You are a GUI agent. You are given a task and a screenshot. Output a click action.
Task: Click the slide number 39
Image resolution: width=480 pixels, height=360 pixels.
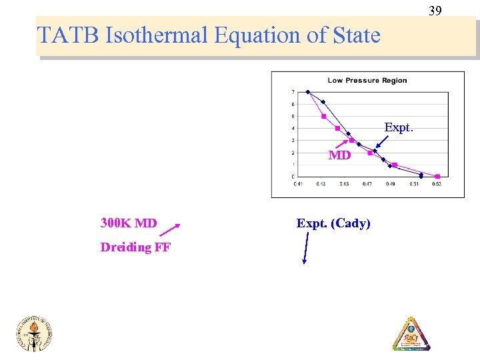pyautogui.click(x=435, y=11)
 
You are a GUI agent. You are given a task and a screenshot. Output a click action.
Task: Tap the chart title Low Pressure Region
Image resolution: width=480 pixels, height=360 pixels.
pyautogui.click(x=367, y=81)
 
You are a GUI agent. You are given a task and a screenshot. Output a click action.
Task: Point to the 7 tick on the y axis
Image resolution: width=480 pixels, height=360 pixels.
pyautogui.click(x=293, y=92)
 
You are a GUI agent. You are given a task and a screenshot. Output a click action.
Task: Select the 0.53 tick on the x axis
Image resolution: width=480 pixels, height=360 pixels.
pyautogui.click(x=437, y=184)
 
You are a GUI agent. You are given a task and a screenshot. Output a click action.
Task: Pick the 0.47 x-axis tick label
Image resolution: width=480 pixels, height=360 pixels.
pyautogui.click(x=367, y=184)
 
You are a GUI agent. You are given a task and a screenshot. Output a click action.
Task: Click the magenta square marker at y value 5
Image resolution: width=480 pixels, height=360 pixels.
pyautogui.click(x=323, y=116)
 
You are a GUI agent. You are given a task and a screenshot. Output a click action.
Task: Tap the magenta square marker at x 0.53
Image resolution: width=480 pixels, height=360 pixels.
pyautogui.click(x=437, y=177)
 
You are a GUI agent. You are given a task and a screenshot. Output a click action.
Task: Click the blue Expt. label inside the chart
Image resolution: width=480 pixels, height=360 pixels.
pyautogui.click(x=399, y=127)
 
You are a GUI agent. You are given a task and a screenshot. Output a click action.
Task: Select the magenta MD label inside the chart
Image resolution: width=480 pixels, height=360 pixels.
pyautogui.click(x=339, y=155)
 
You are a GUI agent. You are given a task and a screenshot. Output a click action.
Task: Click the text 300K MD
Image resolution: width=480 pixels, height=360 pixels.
pyautogui.click(x=129, y=223)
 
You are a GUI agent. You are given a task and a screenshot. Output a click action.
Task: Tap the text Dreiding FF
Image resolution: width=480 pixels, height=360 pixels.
pyautogui.click(x=135, y=247)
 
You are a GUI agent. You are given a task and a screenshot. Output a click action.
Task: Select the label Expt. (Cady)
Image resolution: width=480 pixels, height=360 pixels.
pyautogui.click(x=333, y=223)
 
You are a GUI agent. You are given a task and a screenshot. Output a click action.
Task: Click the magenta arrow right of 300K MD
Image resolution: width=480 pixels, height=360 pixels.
pyautogui.click(x=170, y=231)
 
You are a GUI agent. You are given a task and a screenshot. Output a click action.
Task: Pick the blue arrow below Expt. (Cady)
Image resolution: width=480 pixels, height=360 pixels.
pyautogui.click(x=306, y=249)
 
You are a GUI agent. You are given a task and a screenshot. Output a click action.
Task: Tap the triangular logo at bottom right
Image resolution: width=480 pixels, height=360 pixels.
pyautogui.click(x=411, y=333)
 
